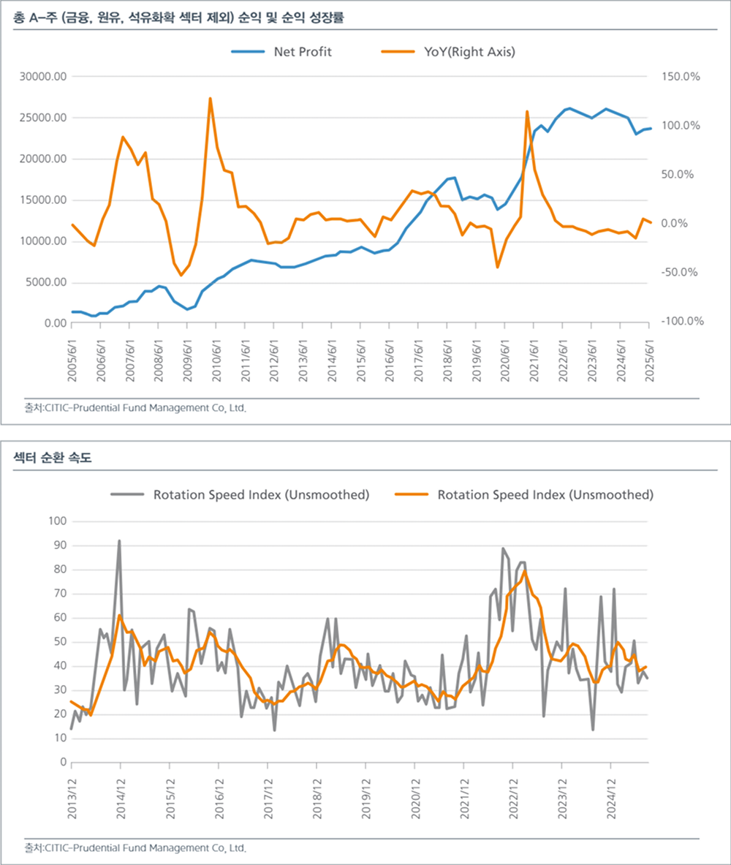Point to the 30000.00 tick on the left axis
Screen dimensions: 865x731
click(45, 77)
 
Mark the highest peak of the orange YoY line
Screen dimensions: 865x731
click(211, 98)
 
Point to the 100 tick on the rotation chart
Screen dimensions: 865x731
click(57, 521)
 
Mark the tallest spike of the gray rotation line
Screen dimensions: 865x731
click(119, 541)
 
